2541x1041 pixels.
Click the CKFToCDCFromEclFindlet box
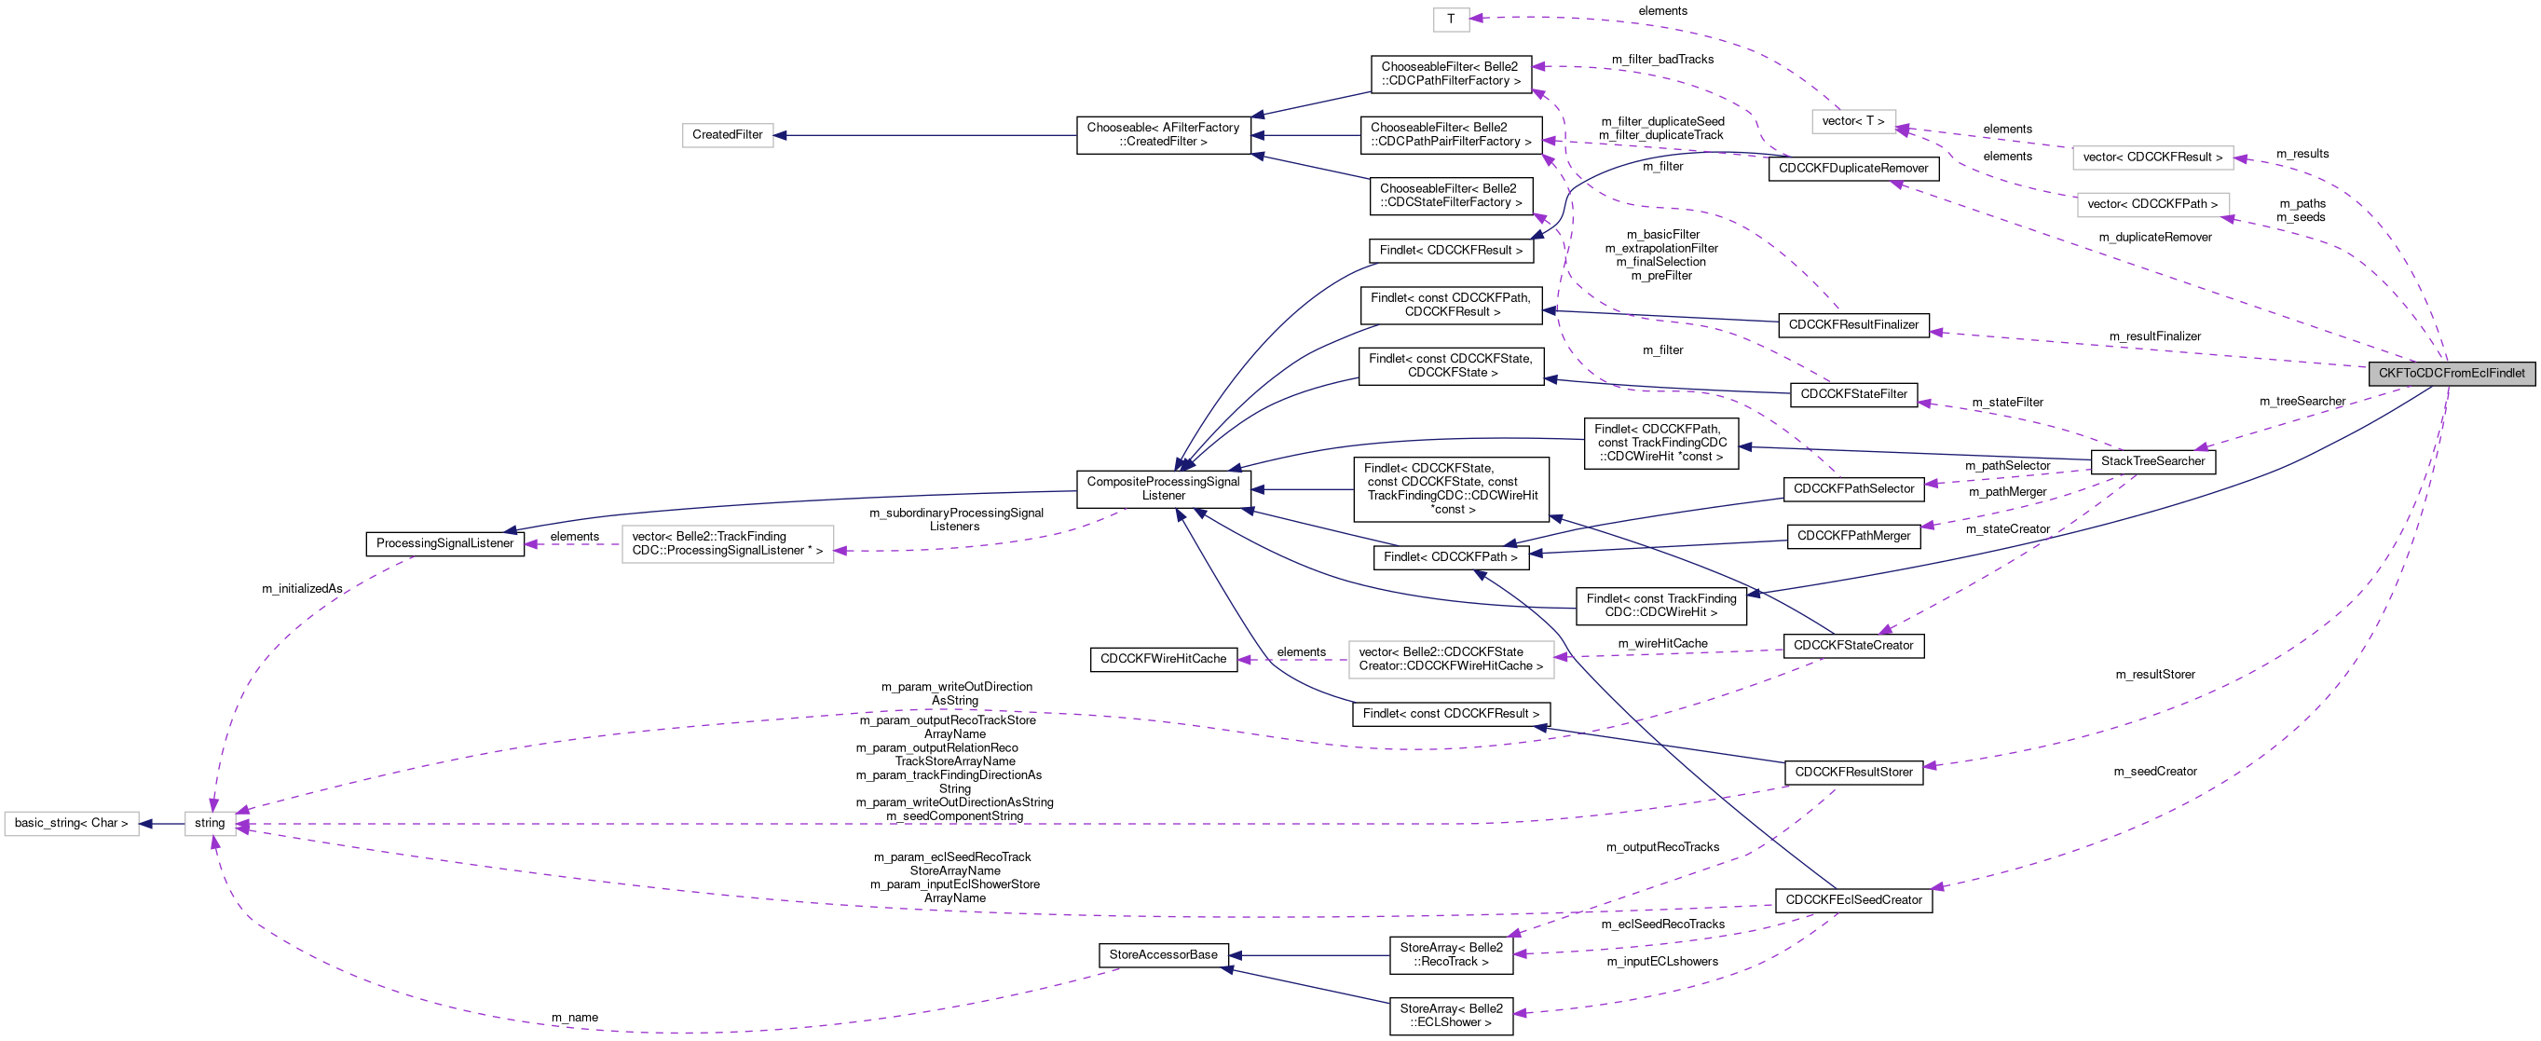pyautogui.click(x=2452, y=373)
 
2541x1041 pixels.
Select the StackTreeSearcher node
pyautogui.click(x=2152, y=460)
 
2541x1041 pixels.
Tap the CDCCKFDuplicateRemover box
pyautogui.click(x=1853, y=169)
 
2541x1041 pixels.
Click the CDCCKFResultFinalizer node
pyautogui.click(x=1853, y=324)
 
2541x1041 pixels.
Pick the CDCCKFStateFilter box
pyautogui.click(x=1853, y=393)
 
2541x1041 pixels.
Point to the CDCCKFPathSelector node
pyautogui.click(x=1853, y=488)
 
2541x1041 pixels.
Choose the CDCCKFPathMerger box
pyautogui.click(x=1853, y=536)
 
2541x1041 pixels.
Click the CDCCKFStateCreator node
pyautogui.click(x=1853, y=645)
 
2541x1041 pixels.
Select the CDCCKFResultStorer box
pyautogui.click(x=1853, y=772)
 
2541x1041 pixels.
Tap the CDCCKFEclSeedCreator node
pyautogui.click(x=1853, y=900)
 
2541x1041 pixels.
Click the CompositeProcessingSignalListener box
pyautogui.click(x=1163, y=488)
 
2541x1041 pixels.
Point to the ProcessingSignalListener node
pyautogui.click(x=444, y=543)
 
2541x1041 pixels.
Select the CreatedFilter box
pyautogui.click(x=727, y=135)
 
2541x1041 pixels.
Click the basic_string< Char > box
pyautogui.click(x=71, y=823)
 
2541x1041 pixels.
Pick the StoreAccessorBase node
pyautogui.click(x=1163, y=954)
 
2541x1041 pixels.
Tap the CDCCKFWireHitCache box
pyautogui.click(x=1163, y=659)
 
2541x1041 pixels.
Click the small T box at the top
pyautogui.click(x=1451, y=20)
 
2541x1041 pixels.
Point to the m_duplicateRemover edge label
pyautogui.click(x=2155, y=237)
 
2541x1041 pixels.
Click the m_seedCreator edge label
pyautogui.click(x=2155, y=772)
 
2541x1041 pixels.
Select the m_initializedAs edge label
pyautogui.click(x=302, y=589)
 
